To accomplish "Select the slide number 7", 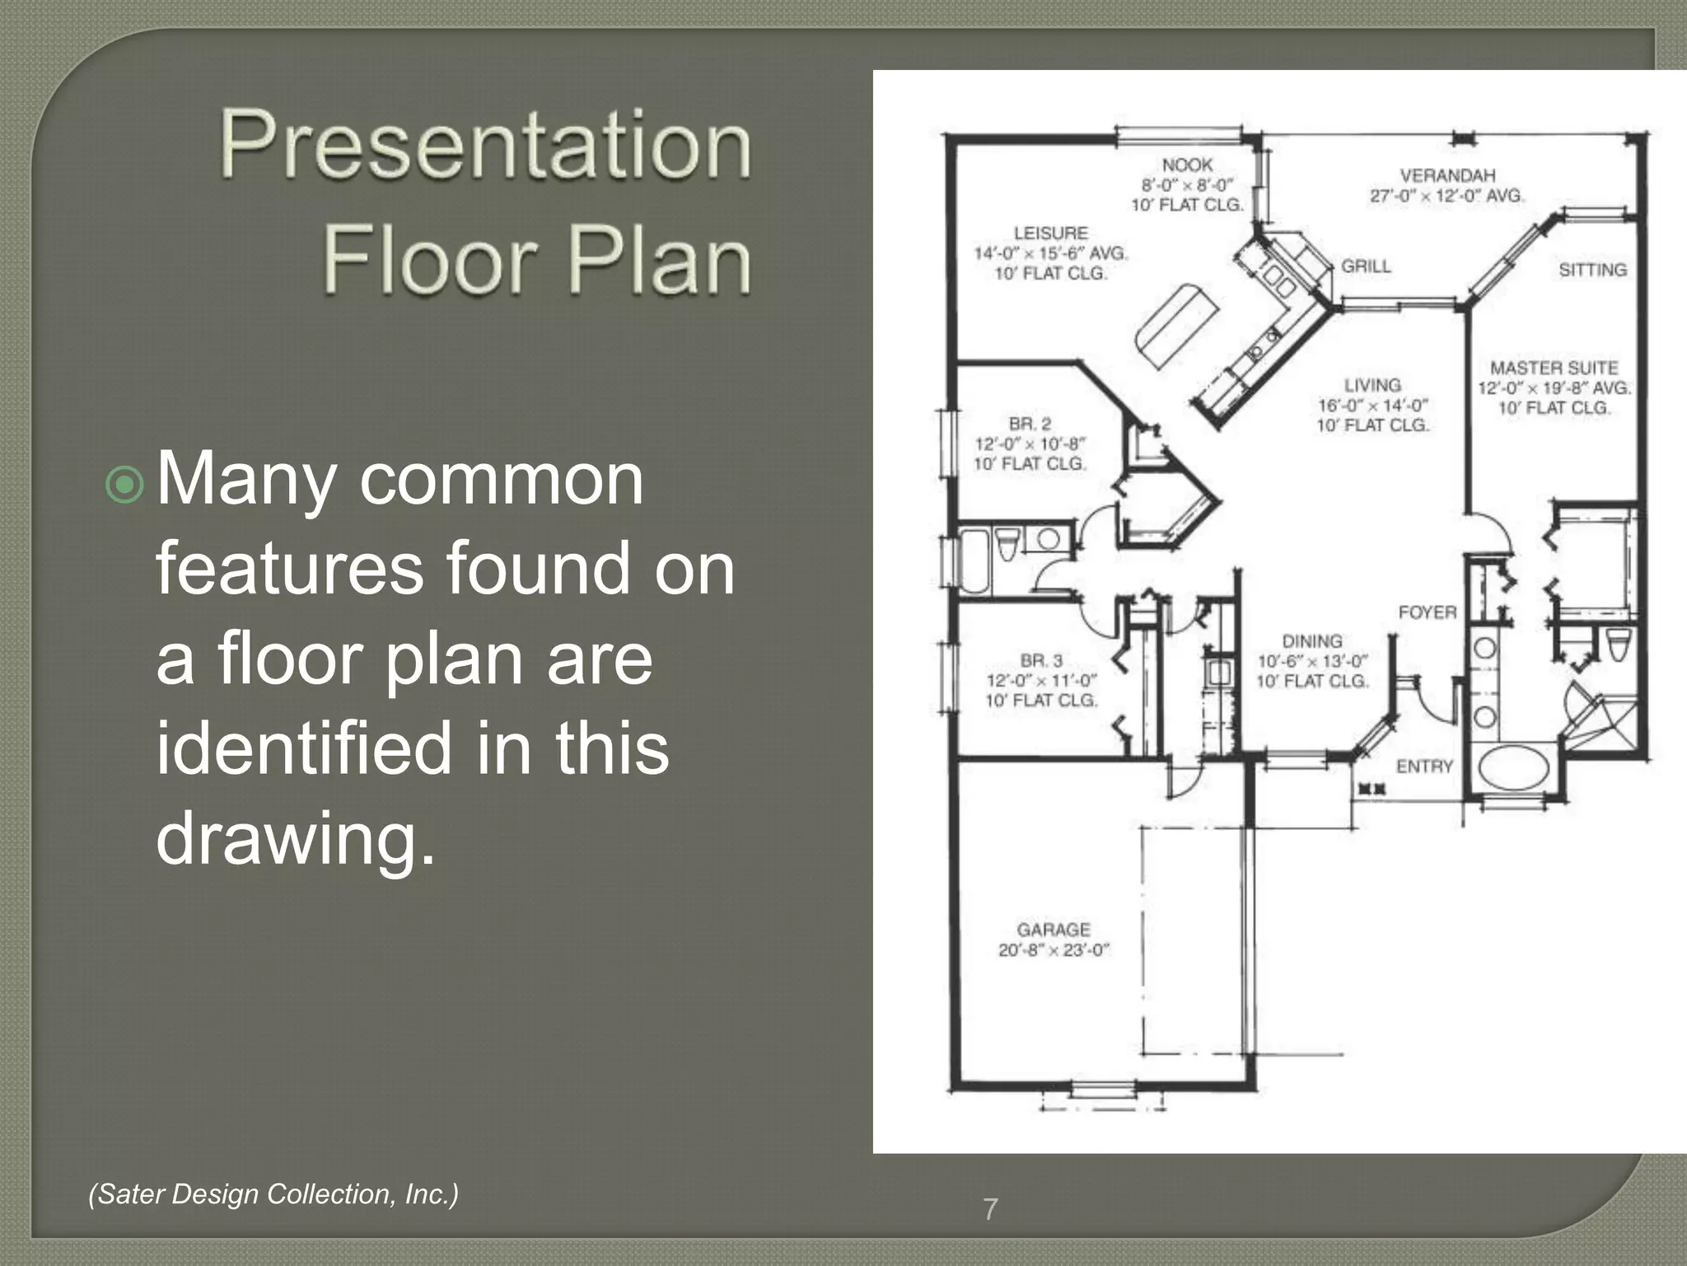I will [x=990, y=1209].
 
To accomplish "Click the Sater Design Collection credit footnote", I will [x=273, y=1193].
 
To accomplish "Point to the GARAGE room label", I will [x=1054, y=930].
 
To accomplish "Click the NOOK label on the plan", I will [x=1187, y=165].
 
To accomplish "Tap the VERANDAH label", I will [x=1447, y=176].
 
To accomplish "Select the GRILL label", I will [x=1366, y=266].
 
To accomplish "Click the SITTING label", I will [x=1592, y=270].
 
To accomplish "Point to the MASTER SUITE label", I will [x=1554, y=368].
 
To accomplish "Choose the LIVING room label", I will [x=1372, y=385].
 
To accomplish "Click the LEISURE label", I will [x=1050, y=233].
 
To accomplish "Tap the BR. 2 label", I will [x=1030, y=424].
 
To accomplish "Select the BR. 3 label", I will [x=1041, y=660].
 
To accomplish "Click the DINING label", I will [x=1311, y=640].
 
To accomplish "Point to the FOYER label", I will [x=1428, y=612].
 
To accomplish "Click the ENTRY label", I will [x=1424, y=767].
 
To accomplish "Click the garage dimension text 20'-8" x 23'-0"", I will [x=1054, y=950].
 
